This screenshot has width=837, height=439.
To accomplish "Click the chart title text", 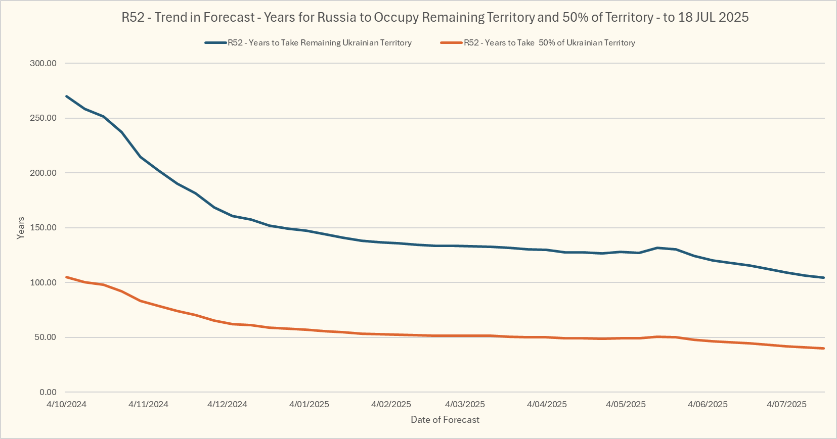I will pos(435,17).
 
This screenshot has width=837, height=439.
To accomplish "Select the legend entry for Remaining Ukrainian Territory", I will pos(319,43).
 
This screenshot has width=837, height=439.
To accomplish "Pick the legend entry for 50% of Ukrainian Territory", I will pos(549,43).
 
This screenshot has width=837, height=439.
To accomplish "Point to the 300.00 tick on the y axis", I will pos(43,64).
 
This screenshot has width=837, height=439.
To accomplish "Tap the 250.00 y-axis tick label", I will pos(43,118).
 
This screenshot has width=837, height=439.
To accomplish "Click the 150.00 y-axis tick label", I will pos(43,228).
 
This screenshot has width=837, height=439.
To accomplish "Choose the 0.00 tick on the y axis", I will pos(48,393).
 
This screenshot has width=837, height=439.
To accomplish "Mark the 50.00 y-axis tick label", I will pos(46,337).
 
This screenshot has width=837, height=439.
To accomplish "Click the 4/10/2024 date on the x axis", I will pos(66,405).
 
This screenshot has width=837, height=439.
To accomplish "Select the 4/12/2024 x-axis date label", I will pos(227,405).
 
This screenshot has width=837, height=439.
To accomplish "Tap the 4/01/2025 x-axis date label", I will pos(309,405).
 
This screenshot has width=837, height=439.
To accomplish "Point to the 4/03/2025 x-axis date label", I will pos(465,405).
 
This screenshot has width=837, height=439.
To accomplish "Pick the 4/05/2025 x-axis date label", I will pos(626,405).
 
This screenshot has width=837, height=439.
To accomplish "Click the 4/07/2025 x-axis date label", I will pos(786,405).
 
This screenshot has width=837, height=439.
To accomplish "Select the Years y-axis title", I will pos(21,228).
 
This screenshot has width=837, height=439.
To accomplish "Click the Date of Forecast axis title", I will pos(445,420).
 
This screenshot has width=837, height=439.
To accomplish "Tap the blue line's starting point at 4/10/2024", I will pos(67,96).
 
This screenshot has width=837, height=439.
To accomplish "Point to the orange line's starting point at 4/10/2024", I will pos(67,277).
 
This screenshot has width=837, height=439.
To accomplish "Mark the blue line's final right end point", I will pos(824,277).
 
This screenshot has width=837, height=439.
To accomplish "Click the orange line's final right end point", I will pos(824,348).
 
